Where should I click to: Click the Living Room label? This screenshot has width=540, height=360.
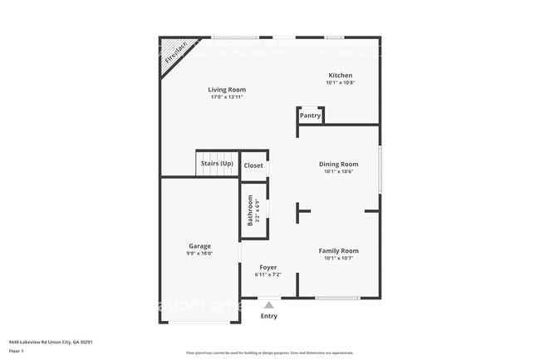pos(227,90)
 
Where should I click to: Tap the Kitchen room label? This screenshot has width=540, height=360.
pos(339,75)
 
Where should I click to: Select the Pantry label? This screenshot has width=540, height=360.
pos(310,116)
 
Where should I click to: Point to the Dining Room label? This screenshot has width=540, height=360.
pos(339,164)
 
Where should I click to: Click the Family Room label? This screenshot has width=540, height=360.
pos(339,250)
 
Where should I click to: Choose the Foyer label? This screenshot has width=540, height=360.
pos(268,267)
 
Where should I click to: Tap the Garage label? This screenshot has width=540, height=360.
pos(199,246)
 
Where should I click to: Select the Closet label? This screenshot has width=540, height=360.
pos(253,165)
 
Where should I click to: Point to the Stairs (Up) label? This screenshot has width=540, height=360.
pos(217,163)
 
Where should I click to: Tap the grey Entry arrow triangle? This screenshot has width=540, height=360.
pos(268,305)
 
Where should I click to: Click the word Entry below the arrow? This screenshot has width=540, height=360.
pos(269,316)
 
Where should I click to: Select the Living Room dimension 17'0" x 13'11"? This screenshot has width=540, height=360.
pos(227,97)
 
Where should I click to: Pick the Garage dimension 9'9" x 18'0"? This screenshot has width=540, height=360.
pos(199,254)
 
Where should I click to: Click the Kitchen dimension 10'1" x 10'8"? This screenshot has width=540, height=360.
pos(339,82)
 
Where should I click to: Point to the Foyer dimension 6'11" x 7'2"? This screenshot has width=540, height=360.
pos(268,274)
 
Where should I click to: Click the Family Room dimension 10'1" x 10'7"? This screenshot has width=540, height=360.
pos(339,258)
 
